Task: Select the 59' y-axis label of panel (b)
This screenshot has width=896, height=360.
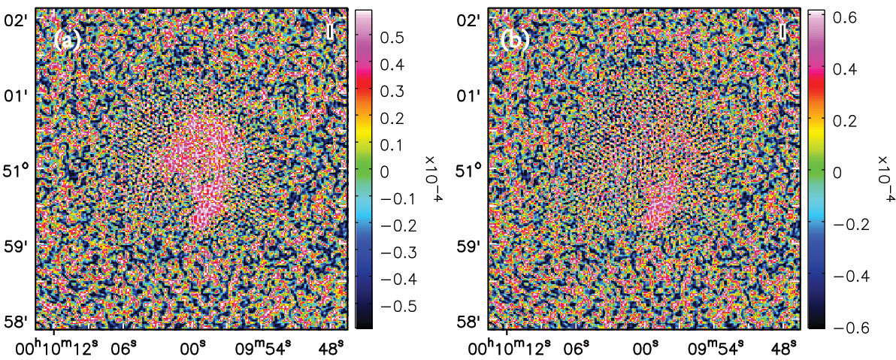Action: tap(472, 247)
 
